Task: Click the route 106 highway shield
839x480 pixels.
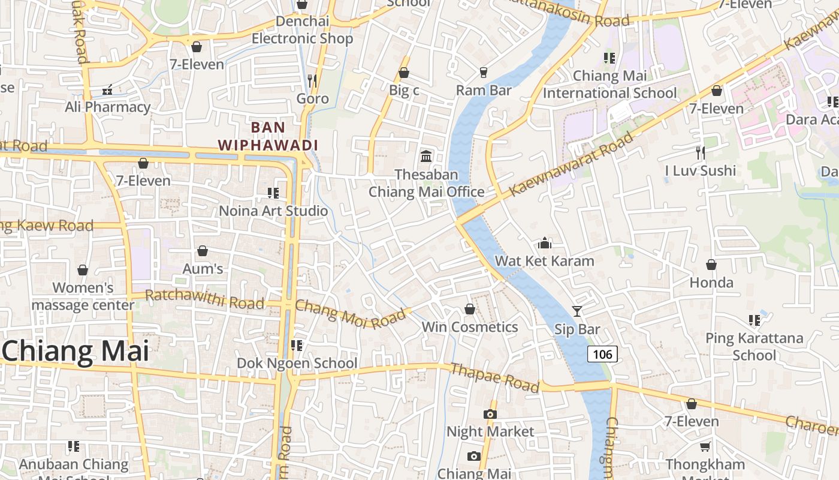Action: tap(602, 354)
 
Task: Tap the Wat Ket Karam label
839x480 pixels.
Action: tap(544, 261)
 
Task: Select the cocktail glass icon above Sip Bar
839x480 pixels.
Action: tap(577, 311)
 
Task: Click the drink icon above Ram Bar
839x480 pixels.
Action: tap(483, 73)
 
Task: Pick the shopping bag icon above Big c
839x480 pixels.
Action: tap(404, 73)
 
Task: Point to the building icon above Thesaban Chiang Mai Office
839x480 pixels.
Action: tap(426, 156)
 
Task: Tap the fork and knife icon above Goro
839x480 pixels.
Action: tap(312, 80)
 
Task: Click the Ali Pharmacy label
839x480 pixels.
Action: tap(108, 107)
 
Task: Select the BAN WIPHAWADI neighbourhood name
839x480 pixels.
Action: tap(268, 136)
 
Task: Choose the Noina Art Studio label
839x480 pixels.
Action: tap(273, 211)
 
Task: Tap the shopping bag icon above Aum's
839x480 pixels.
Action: tap(203, 251)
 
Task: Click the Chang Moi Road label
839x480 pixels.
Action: tap(351, 314)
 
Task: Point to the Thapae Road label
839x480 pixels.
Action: tap(494, 377)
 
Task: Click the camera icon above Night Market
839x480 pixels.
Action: tap(490, 414)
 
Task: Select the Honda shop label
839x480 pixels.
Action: tap(711, 282)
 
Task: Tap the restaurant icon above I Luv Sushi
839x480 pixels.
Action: tap(700, 152)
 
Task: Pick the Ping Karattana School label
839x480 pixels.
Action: tap(754, 346)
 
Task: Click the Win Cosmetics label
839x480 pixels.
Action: tap(470, 327)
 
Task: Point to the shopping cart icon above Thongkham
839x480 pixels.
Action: tap(705, 446)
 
